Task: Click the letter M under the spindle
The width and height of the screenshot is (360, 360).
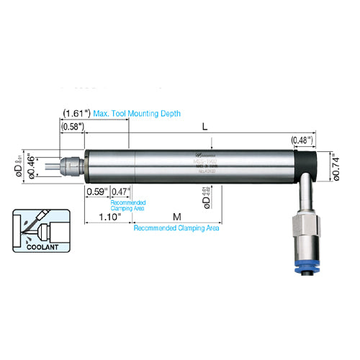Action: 177,216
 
